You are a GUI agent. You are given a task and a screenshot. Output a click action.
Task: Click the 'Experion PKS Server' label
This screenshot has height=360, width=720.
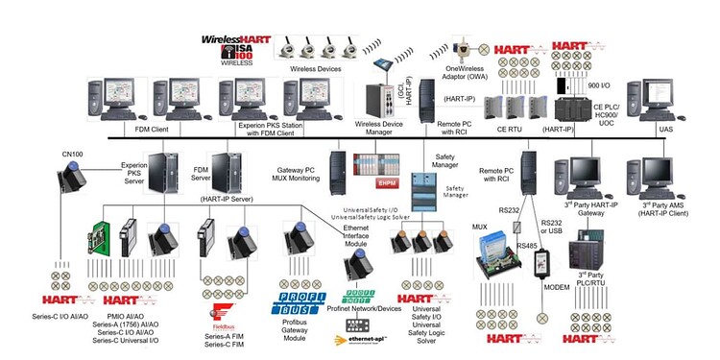[x=133, y=173]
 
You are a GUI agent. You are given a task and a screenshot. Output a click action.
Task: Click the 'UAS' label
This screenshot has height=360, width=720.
[x=665, y=128]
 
